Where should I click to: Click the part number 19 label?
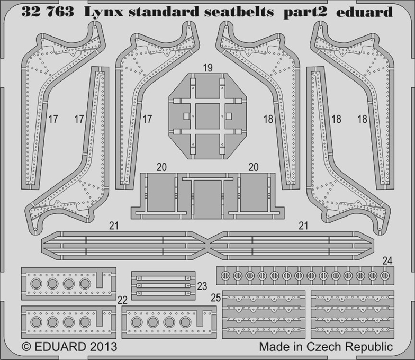[208, 68]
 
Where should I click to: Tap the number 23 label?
[202, 286]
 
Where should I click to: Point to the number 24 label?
[387, 261]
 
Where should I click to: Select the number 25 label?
[216, 298]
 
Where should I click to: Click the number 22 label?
[122, 300]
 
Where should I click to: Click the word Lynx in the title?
[104, 13]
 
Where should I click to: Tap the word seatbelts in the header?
[239, 12]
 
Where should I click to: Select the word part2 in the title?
[305, 13]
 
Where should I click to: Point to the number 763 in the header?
[59, 12]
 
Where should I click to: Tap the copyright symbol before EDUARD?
[26, 347]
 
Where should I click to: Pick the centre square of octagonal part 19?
[207, 116]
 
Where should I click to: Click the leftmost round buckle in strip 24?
[225, 275]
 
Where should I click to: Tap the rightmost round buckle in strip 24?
[384, 275]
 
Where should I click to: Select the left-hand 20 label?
[162, 167]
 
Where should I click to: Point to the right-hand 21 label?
[303, 226]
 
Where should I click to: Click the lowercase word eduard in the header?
[364, 12]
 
